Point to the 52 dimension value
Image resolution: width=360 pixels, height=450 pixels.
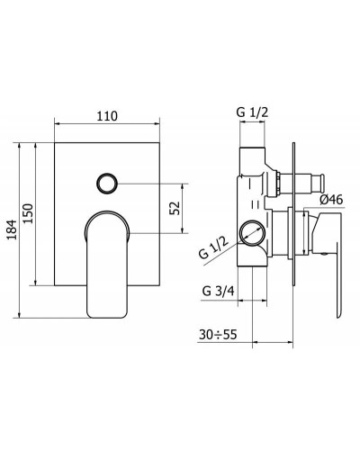tap(175, 207)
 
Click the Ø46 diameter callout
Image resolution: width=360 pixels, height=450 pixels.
tap(329, 199)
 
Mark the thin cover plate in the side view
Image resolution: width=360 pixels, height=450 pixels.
tap(295, 234)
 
